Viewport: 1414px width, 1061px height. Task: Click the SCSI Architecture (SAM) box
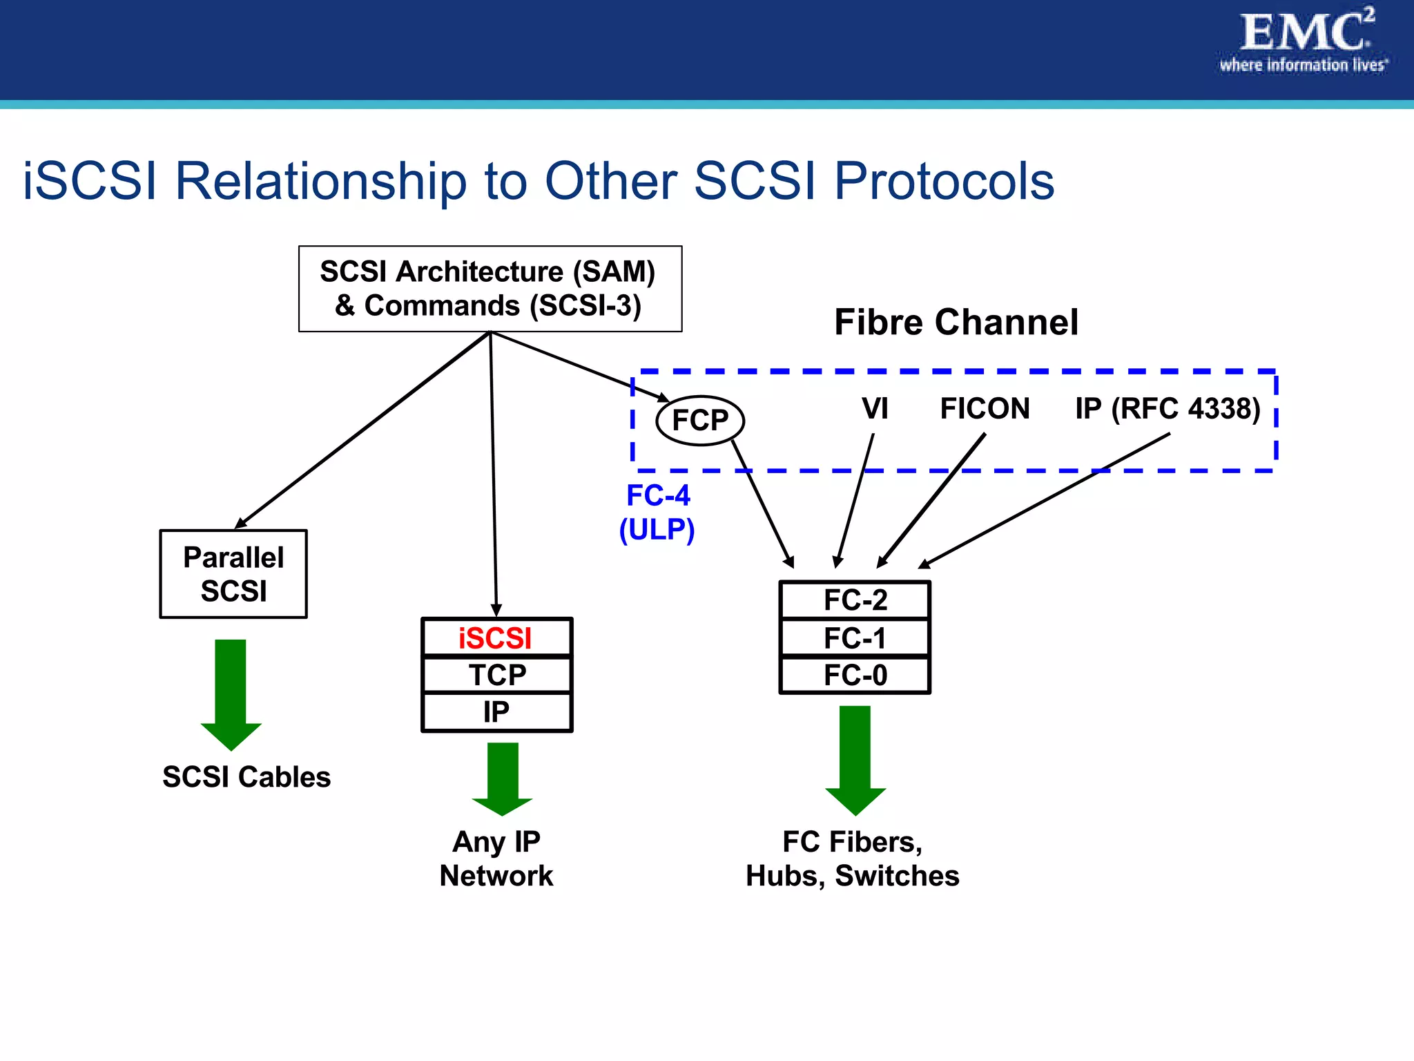(490, 289)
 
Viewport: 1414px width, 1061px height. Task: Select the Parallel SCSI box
(233, 573)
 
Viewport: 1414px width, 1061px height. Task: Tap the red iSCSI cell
(496, 638)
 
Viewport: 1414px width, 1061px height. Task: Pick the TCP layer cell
(496, 675)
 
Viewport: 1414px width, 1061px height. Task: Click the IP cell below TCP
(496, 712)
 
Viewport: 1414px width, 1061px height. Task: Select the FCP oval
(699, 420)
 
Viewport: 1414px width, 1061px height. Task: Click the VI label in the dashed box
(874, 408)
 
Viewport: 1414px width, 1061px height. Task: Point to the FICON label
(985, 408)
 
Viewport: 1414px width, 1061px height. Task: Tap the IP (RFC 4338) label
(1168, 408)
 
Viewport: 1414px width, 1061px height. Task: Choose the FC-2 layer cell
(855, 600)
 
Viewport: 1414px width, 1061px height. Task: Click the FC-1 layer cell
(855, 638)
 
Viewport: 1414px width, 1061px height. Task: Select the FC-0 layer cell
(855, 675)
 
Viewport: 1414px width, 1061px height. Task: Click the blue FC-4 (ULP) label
(657, 513)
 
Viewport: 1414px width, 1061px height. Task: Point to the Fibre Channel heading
(956, 322)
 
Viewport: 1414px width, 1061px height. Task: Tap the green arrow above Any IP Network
(502, 778)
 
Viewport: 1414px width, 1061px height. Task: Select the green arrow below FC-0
(855, 759)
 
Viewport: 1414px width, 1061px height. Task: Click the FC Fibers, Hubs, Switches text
(853, 859)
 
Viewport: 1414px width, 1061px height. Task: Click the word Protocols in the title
(944, 181)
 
